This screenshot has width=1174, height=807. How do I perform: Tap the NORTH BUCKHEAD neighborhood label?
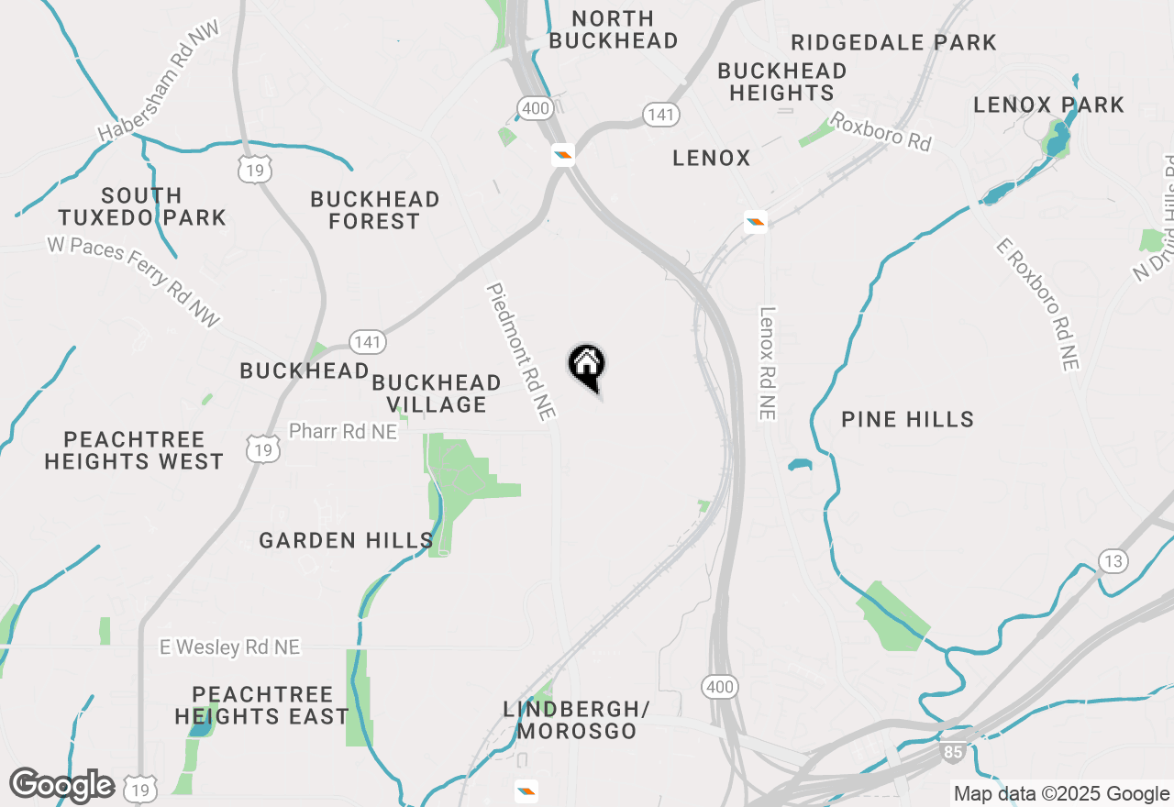tap(614, 29)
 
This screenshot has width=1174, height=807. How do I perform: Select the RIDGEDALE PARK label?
tap(893, 42)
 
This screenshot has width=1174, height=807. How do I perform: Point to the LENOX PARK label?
tap(1048, 105)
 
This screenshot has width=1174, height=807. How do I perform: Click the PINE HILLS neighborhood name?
tap(907, 419)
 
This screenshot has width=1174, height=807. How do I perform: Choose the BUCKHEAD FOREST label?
tap(374, 210)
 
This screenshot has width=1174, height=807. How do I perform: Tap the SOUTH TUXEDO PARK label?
tap(142, 206)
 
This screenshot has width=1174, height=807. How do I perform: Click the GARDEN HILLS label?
tap(346, 540)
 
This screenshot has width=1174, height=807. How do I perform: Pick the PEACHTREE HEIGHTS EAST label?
tap(261, 705)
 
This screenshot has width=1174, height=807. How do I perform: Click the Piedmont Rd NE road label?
tap(521, 351)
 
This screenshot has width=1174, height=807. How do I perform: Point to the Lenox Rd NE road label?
tap(768, 363)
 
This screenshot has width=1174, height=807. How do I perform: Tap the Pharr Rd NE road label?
tap(343, 431)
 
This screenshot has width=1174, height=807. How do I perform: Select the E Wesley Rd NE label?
tap(229, 647)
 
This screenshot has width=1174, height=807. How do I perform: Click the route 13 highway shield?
tap(1113, 561)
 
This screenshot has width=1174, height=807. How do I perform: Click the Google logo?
tap(61, 785)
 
